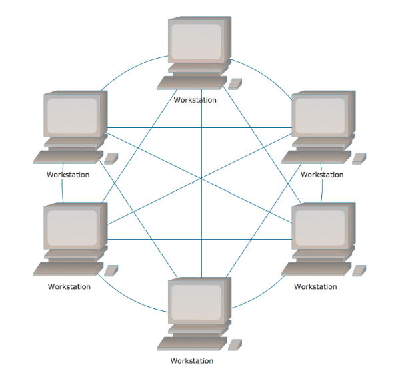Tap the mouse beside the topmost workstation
point(235,84)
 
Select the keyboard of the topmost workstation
point(191,83)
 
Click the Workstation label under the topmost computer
point(195,100)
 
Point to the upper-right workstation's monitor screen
point(320,116)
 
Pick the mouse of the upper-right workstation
point(359,159)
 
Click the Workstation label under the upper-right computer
point(322,175)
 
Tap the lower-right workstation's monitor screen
point(320,228)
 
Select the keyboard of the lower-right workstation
point(315,270)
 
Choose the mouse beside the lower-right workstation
point(359,270)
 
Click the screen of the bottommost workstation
point(196,302)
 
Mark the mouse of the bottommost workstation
point(235,345)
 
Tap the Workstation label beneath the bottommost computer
point(192,361)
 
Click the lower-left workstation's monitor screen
point(71,228)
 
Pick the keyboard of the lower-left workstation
point(66,270)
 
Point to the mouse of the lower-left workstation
point(111,270)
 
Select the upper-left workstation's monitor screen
point(71,116)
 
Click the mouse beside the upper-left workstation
point(111,159)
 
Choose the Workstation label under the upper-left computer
point(68,175)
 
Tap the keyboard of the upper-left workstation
point(66,157)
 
